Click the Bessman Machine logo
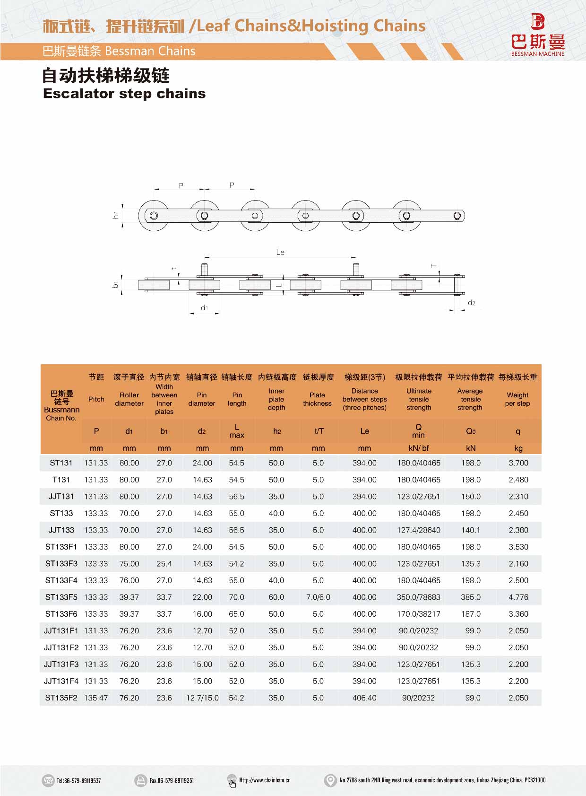[538, 35]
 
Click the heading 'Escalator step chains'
[124, 94]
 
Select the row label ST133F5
[61, 597]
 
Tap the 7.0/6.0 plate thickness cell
[318, 597]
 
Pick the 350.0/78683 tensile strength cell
[418, 597]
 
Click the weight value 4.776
[518, 597]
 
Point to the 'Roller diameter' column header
[129, 399]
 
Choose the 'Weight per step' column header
[517, 399]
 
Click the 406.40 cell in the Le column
[364, 698]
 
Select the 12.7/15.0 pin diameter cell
[202, 698]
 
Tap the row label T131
[61, 480]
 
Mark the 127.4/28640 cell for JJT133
[418, 530]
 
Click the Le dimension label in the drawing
[280, 253]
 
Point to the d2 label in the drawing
[471, 303]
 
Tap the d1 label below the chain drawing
[204, 308]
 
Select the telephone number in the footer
[78, 780]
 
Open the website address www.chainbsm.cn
[265, 780]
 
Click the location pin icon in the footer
[330, 780]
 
